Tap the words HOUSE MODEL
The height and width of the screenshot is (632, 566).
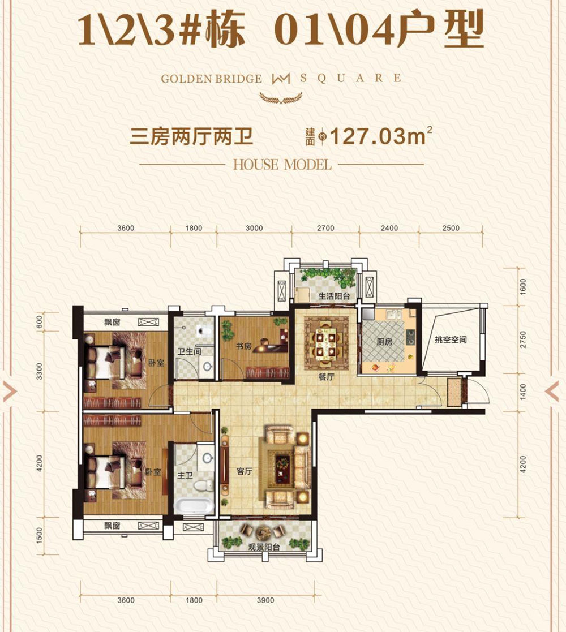[281, 165]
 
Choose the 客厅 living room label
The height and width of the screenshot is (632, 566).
[244, 471]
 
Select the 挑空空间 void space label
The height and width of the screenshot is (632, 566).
[450, 340]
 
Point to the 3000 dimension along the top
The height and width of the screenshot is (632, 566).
[255, 228]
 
